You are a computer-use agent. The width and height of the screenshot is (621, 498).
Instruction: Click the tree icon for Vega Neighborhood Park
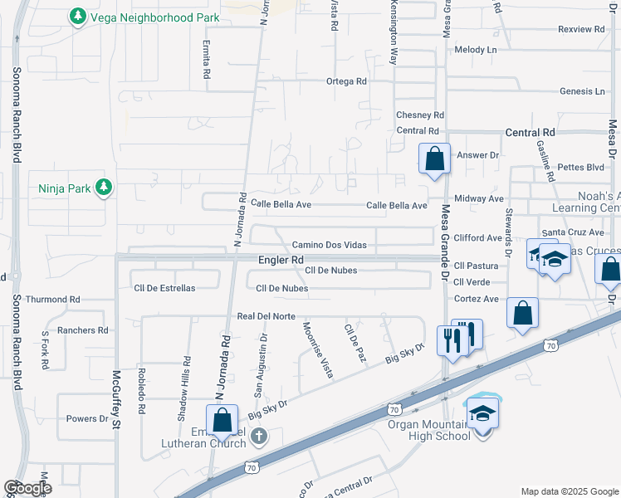click(78, 17)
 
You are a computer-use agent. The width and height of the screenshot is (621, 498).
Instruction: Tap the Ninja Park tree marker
click(104, 188)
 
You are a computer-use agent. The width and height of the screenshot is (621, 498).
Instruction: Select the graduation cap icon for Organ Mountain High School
click(482, 413)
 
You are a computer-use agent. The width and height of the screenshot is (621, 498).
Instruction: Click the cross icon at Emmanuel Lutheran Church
click(258, 436)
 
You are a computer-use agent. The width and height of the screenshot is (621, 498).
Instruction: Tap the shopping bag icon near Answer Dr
click(434, 158)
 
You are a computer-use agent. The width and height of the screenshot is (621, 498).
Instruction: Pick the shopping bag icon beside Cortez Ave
click(522, 313)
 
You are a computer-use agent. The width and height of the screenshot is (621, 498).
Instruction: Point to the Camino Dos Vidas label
click(329, 245)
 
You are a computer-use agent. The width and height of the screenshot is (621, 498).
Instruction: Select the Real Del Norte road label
click(266, 315)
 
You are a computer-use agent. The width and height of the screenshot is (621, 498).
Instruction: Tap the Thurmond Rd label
click(52, 299)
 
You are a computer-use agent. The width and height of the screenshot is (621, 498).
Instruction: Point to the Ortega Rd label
click(346, 81)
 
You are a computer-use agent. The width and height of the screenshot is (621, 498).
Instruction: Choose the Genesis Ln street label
click(582, 91)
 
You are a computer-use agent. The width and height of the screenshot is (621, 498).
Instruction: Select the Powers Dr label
click(87, 418)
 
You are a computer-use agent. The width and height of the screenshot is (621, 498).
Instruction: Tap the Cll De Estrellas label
click(164, 288)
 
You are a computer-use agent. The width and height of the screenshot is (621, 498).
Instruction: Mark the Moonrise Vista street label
click(318, 349)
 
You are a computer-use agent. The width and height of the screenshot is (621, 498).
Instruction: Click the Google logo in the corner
click(28, 488)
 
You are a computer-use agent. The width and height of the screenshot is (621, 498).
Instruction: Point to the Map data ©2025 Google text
click(569, 491)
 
